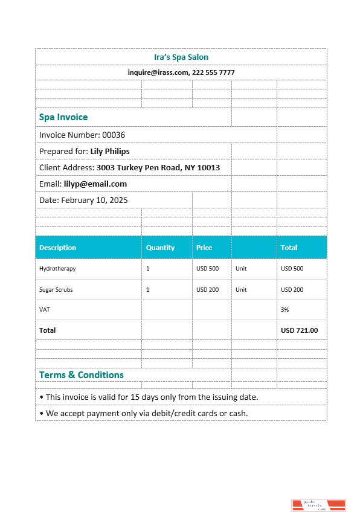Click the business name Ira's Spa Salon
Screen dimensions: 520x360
point(181,57)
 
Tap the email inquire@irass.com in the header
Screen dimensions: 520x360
point(159,72)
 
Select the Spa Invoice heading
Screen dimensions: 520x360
point(63,117)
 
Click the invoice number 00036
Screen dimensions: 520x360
point(114,135)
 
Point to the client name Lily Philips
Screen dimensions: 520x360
point(110,151)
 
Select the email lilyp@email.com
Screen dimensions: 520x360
point(95,184)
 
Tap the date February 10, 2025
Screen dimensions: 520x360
point(94,200)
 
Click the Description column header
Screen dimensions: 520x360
point(58,248)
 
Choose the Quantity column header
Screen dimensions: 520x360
point(160,248)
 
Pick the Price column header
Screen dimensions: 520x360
point(204,248)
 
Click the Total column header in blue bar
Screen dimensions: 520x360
point(289,248)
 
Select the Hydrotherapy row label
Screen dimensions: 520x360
point(57,269)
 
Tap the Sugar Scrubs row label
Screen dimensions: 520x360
point(56,290)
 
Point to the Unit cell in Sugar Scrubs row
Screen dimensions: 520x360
point(241,290)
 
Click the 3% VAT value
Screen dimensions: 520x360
point(285,309)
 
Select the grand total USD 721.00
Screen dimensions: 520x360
point(300,330)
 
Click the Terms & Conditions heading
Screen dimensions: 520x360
point(82,375)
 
